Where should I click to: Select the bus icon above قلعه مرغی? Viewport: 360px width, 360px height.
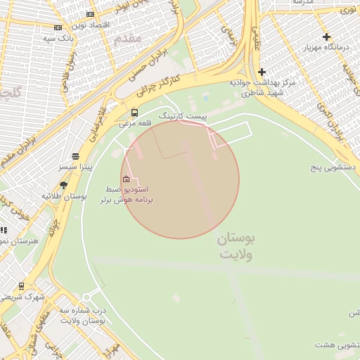click(x=134, y=112)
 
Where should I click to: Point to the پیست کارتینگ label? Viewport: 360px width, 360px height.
click(x=183, y=115)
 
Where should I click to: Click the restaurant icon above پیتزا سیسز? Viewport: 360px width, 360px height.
click(x=75, y=156)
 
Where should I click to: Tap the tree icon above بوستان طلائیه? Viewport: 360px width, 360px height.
click(x=64, y=186)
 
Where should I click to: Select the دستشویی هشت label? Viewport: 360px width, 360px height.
click(x=336, y=345)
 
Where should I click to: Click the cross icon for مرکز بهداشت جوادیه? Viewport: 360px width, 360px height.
click(x=262, y=72)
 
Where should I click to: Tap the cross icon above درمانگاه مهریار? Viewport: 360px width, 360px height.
click(x=326, y=37)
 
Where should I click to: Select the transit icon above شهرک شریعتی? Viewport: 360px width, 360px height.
click(x=21, y=286)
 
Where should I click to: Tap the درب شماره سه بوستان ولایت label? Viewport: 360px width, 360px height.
click(x=82, y=315)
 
